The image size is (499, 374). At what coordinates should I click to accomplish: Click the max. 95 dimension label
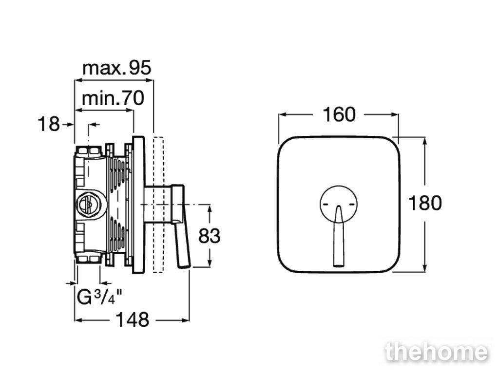click(x=117, y=68)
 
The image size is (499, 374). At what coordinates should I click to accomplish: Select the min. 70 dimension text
click(x=113, y=98)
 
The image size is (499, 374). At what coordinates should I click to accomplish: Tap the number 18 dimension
click(x=49, y=124)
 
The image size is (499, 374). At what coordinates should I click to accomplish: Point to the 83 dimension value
click(x=209, y=236)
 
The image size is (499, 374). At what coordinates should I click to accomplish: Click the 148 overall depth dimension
click(x=132, y=319)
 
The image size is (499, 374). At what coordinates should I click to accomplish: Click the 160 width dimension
click(x=339, y=114)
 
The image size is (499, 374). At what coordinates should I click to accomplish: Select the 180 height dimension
click(x=425, y=203)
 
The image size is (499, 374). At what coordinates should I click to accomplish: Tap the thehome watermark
click(x=436, y=352)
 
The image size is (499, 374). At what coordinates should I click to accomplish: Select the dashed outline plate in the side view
click(x=158, y=205)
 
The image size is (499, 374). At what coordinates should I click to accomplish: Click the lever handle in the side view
click(x=181, y=226)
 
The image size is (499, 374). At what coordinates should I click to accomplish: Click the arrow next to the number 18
click(x=68, y=124)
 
